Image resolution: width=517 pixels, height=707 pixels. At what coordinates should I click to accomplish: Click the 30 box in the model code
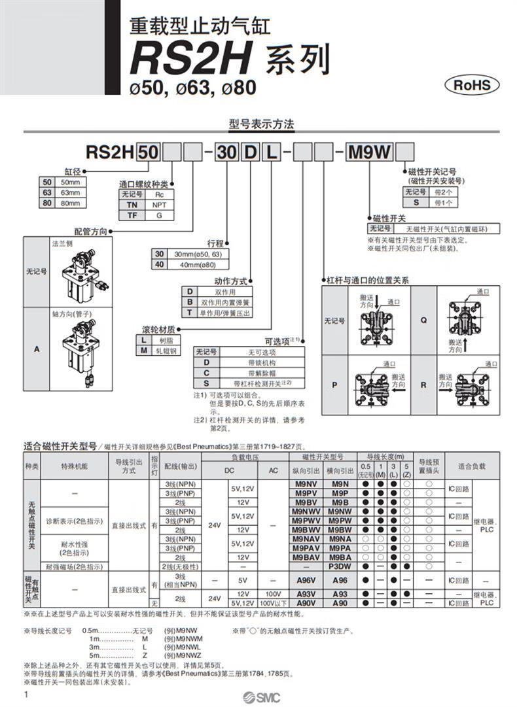point(226,153)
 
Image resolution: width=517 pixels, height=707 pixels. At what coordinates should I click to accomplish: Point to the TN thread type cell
point(132,205)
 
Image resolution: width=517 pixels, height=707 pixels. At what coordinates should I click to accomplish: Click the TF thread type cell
point(132,215)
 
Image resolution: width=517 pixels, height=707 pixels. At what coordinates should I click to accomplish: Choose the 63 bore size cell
point(46,192)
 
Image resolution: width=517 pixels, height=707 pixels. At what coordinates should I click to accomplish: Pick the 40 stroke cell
point(158,264)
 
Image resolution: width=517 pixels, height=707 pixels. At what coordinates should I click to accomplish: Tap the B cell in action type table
point(190,302)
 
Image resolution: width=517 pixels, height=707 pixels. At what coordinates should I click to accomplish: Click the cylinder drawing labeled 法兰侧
point(77,274)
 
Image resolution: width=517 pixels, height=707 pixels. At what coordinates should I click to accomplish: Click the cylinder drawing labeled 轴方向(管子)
point(77,353)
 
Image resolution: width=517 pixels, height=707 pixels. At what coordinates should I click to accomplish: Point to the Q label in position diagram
point(423,320)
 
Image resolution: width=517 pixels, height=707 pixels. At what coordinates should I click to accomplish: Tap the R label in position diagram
point(423,385)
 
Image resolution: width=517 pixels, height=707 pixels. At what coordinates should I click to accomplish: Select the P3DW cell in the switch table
point(340,566)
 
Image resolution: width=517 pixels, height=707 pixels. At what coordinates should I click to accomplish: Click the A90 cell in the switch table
point(340,603)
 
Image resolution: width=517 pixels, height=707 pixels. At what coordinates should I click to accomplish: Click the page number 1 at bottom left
point(26,693)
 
